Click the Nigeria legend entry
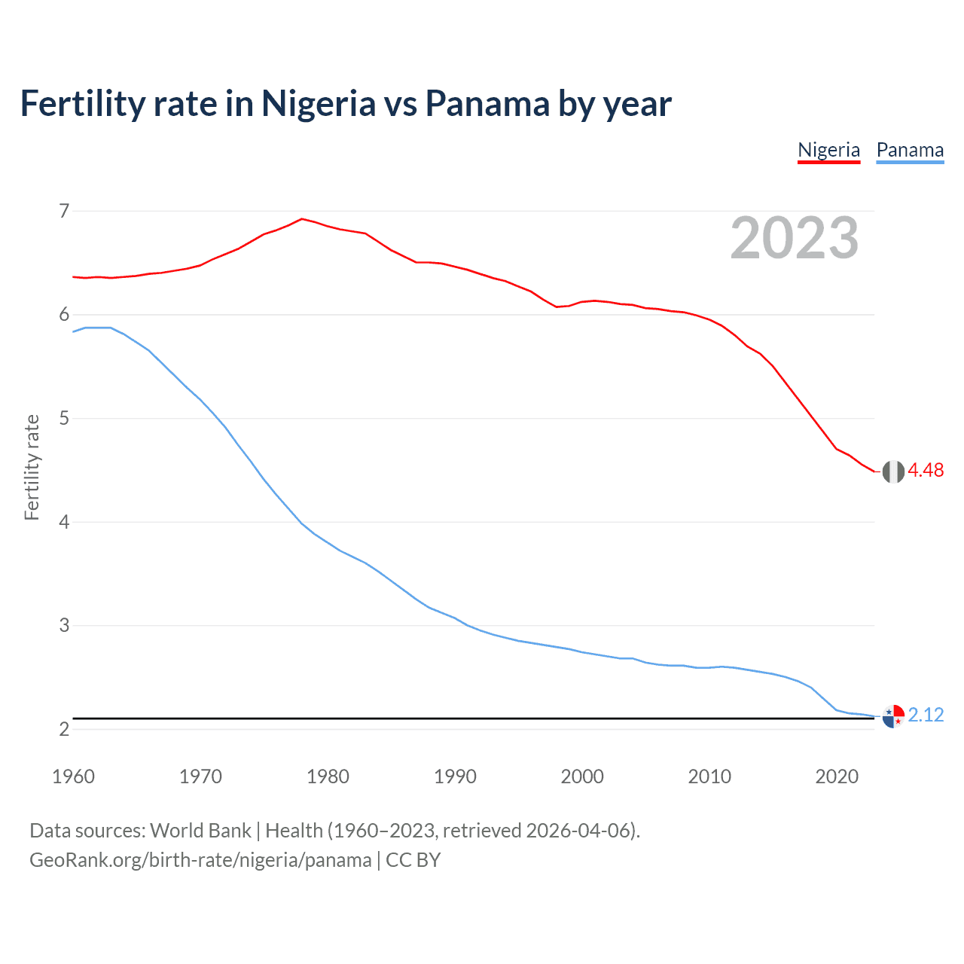[828, 150]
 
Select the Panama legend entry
[910, 150]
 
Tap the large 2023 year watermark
[795, 238]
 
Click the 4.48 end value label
[926, 470]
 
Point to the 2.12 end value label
[926, 715]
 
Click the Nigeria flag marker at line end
[893, 471]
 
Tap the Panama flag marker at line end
[893, 715]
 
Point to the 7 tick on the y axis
[64, 211]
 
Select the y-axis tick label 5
[64, 418]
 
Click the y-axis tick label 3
[64, 625]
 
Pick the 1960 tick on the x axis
[73, 776]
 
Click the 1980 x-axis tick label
[328, 776]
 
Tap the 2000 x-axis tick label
[582, 776]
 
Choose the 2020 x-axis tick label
[837, 776]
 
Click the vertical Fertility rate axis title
[32, 467]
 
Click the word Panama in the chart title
[487, 103]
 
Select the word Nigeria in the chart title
[318, 103]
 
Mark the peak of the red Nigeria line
[302, 219]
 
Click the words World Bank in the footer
[200, 831]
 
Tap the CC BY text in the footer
[413, 860]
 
